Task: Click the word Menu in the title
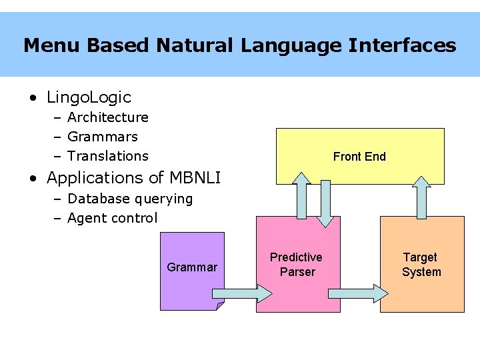[x=51, y=45]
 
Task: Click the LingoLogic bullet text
[x=89, y=97]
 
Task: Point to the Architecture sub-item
[x=108, y=117]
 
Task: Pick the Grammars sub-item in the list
[x=103, y=137]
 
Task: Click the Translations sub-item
[x=108, y=156]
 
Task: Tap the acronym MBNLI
[x=195, y=177]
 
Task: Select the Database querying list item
[x=130, y=199]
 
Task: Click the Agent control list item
[x=113, y=218]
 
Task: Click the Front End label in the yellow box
[x=359, y=157]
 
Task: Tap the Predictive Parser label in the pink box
[x=296, y=264]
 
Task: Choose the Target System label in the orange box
[x=421, y=264]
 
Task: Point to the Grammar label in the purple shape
[x=192, y=267]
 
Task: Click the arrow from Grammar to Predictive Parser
[x=242, y=293]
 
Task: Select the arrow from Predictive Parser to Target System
[x=358, y=293]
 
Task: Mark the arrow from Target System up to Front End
[x=421, y=197]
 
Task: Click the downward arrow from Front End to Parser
[x=325, y=204]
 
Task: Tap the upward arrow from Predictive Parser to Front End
[x=301, y=195]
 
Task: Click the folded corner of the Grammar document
[x=220, y=306]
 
